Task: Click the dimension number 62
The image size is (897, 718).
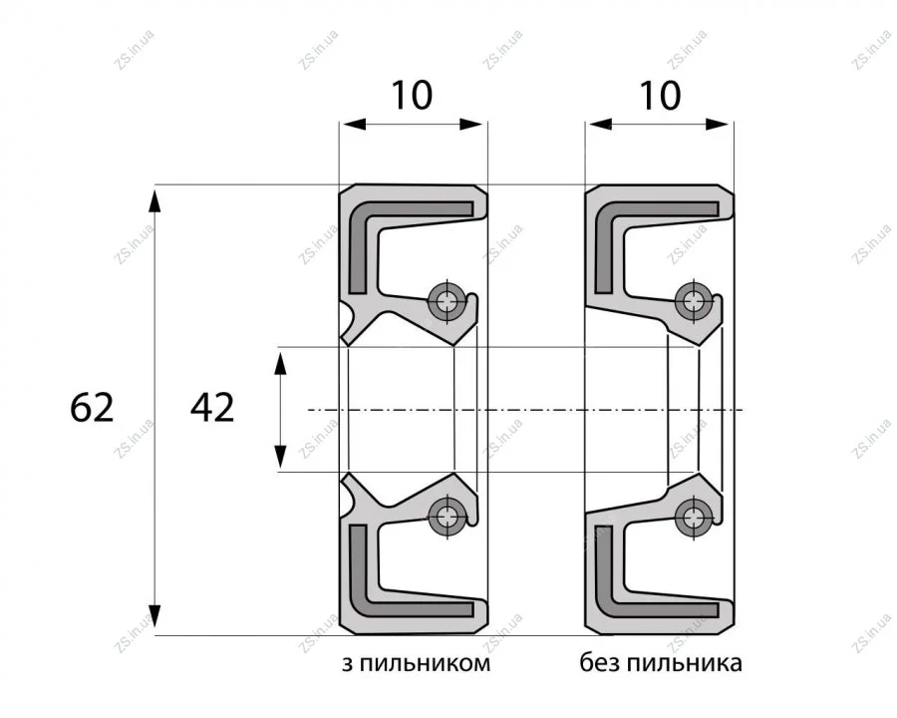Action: [92, 408]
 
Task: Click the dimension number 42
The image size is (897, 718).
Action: [212, 408]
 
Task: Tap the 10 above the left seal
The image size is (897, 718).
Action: [412, 95]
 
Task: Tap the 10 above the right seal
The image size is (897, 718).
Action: [660, 95]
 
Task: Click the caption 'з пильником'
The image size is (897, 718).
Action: [416, 663]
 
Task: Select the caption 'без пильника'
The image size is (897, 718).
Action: [661, 663]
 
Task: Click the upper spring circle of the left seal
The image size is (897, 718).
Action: [447, 300]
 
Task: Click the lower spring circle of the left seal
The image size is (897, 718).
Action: [447, 517]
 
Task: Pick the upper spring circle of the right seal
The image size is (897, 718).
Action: [694, 300]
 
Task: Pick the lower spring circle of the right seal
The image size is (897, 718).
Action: [694, 517]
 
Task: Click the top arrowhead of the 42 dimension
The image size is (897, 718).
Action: [280, 364]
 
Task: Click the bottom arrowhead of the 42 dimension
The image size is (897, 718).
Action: [280, 456]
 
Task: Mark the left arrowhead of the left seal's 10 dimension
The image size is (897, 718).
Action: [354, 125]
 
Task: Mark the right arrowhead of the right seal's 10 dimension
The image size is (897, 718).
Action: [718, 125]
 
